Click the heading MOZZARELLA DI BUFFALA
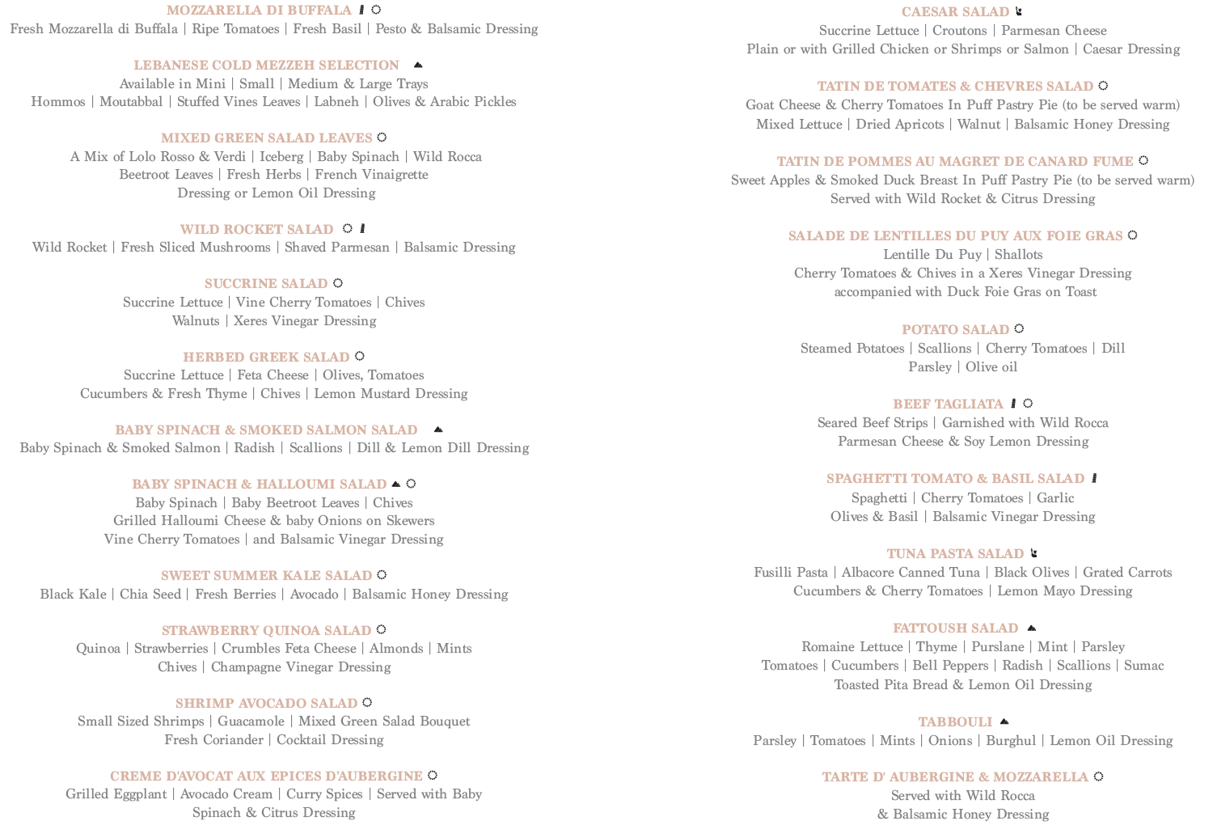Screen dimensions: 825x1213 click(x=259, y=11)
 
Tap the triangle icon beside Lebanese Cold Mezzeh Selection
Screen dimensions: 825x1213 click(x=418, y=65)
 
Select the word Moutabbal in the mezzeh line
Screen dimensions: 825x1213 click(x=131, y=102)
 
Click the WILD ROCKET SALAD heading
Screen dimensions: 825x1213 click(x=256, y=230)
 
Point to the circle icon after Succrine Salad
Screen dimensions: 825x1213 click(x=338, y=283)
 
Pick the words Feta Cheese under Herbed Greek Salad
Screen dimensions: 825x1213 click(x=273, y=375)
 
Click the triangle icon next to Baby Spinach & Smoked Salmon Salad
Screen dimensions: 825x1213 click(x=438, y=429)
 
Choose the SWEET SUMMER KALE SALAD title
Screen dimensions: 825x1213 click(x=266, y=576)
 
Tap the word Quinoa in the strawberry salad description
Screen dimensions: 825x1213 click(x=98, y=649)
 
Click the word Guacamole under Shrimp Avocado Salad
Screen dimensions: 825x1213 click(x=251, y=721)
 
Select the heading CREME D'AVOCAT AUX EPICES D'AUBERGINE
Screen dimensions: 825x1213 click(x=266, y=776)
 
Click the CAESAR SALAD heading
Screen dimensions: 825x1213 click(x=955, y=12)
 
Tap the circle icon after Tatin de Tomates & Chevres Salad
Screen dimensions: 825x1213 click(x=1103, y=86)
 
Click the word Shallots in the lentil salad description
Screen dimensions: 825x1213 click(x=1018, y=255)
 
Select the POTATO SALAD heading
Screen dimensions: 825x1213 click(x=955, y=330)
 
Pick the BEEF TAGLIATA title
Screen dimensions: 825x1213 click(x=948, y=404)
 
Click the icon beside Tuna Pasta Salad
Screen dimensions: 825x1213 click(x=1033, y=553)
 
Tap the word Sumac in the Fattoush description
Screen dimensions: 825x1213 click(x=1143, y=666)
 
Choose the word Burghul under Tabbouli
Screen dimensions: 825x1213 click(x=1010, y=741)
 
